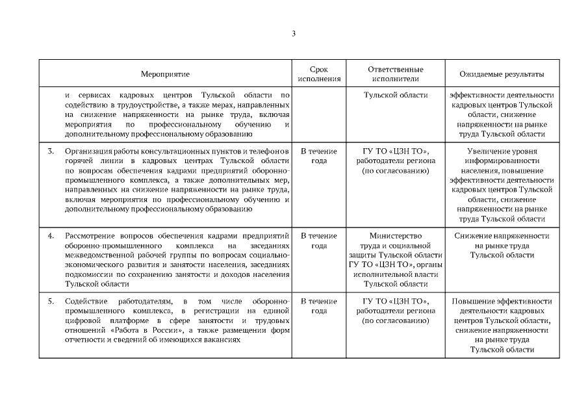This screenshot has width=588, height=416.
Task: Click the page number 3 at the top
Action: coord(294,32)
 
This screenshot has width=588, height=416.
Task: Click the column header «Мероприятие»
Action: coord(166,75)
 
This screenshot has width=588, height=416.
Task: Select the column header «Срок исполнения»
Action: coord(319,75)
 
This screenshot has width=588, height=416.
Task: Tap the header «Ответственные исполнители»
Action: coord(396,75)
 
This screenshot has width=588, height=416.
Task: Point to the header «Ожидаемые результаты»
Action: coord(502,75)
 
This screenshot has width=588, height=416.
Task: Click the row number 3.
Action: coord(51,151)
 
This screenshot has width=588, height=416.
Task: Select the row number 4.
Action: coord(51,236)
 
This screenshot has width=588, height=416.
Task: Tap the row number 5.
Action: coord(51,302)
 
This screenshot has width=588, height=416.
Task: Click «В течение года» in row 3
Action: coord(319,156)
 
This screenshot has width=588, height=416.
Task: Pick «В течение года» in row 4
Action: coord(319,240)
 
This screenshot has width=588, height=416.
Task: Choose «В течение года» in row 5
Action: coord(319,306)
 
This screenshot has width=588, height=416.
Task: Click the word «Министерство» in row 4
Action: coord(396,236)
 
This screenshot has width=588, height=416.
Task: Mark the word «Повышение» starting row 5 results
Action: coord(474,302)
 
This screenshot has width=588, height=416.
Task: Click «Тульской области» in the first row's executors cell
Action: coord(396,95)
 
